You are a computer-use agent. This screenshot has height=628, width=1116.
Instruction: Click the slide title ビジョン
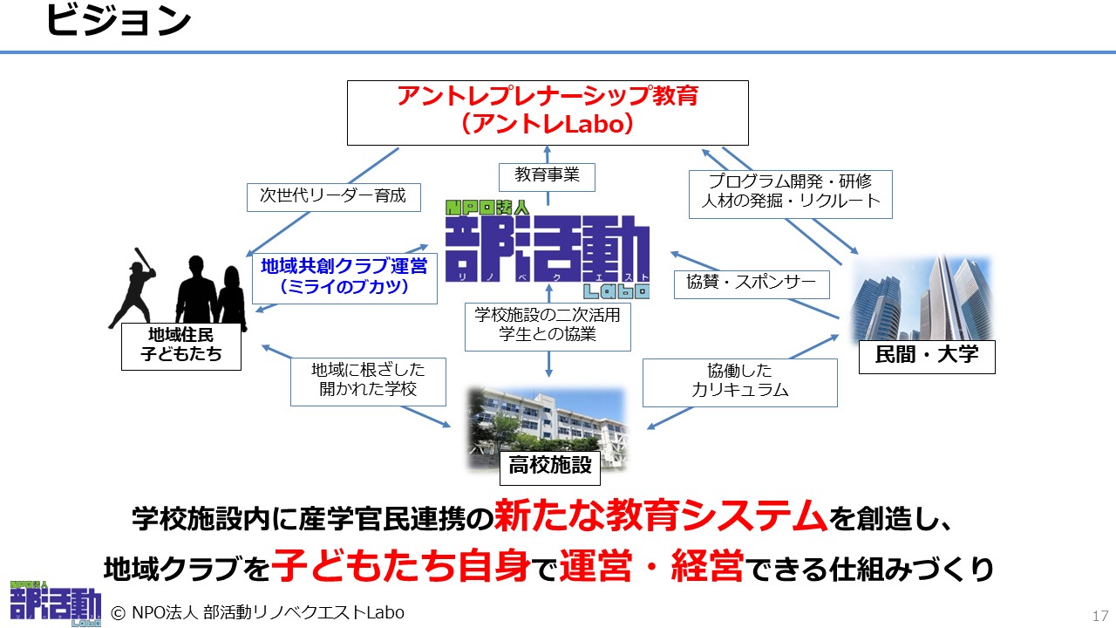(x=119, y=21)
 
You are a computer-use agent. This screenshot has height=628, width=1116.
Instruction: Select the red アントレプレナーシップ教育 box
(x=548, y=113)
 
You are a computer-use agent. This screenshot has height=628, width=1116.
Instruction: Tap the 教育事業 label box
(x=547, y=177)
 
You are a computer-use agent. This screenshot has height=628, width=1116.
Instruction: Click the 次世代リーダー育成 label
(x=333, y=197)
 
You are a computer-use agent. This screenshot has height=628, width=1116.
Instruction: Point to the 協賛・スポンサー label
(x=752, y=284)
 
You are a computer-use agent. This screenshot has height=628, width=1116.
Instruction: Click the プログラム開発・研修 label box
(x=790, y=195)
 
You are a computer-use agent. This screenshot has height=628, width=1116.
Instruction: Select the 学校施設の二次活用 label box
(x=548, y=327)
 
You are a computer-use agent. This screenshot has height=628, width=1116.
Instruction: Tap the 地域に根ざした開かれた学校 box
(x=368, y=382)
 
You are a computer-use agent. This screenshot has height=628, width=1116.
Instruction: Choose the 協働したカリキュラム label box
(x=740, y=383)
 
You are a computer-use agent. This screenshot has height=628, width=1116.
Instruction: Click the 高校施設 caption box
(x=550, y=468)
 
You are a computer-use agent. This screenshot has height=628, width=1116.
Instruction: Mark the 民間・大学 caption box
(x=927, y=357)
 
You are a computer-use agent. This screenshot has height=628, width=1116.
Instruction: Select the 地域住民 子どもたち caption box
(x=181, y=346)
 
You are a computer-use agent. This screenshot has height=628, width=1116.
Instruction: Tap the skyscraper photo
(x=922, y=298)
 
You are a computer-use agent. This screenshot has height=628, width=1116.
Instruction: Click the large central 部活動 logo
(x=547, y=249)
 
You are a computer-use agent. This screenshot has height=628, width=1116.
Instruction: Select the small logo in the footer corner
(x=55, y=603)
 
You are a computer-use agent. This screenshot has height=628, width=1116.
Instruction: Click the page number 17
(x=1100, y=616)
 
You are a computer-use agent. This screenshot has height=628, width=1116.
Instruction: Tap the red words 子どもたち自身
(x=400, y=566)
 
